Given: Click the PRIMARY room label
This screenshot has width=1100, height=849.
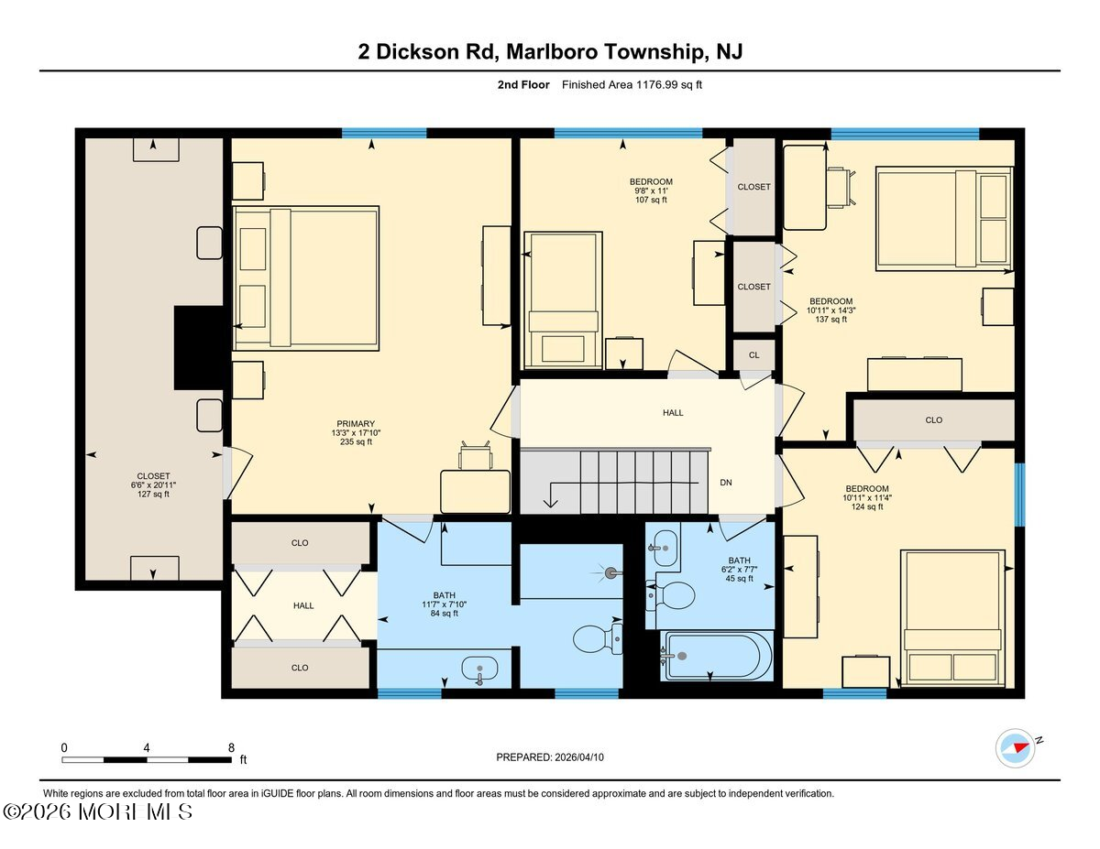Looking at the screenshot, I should [x=356, y=424].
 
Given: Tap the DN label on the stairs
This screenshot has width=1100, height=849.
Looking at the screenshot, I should [x=725, y=482].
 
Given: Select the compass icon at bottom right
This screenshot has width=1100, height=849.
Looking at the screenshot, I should [x=1015, y=747].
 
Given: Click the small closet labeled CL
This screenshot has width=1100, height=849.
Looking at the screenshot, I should [x=753, y=354].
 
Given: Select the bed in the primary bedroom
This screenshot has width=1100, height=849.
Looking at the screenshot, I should [x=306, y=278].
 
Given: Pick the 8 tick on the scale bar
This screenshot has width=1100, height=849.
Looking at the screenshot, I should [x=231, y=747].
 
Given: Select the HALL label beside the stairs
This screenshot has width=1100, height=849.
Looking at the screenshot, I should [x=673, y=413].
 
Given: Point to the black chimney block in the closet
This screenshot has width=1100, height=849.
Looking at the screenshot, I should [x=199, y=349].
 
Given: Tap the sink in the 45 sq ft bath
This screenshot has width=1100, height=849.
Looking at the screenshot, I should [x=664, y=548].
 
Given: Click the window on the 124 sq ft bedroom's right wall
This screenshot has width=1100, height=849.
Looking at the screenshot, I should [x=1018, y=495].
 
